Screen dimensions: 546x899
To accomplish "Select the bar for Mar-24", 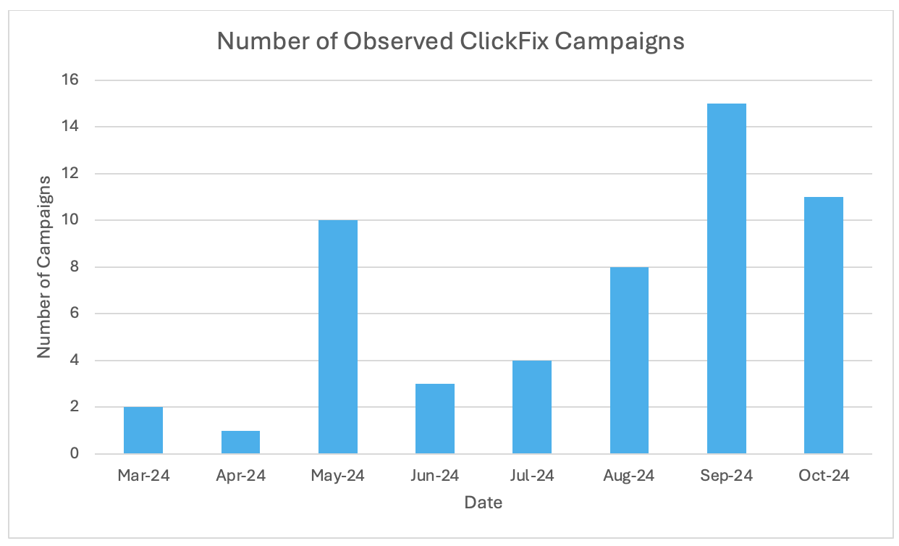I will tap(143, 431).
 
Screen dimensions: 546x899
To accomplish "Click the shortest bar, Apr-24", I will tap(240, 442).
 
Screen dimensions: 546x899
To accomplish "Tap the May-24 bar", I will tap(337, 337).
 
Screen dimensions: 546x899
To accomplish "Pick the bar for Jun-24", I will tap(435, 419).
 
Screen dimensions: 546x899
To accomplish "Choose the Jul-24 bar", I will tap(532, 408).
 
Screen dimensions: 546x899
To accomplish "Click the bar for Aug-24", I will tap(629, 361).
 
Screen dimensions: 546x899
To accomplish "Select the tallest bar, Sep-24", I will tap(726, 279).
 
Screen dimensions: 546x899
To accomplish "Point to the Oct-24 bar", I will tap(824, 326).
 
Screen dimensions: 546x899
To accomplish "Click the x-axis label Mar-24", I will tap(143, 476).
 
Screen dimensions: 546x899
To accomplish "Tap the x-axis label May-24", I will tap(337, 476).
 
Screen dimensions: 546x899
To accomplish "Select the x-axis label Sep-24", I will tap(726, 476).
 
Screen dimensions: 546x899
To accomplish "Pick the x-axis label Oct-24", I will tap(824, 476).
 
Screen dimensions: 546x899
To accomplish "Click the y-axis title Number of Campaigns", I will tap(45, 266).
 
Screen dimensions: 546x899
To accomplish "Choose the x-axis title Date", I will tap(483, 503).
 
